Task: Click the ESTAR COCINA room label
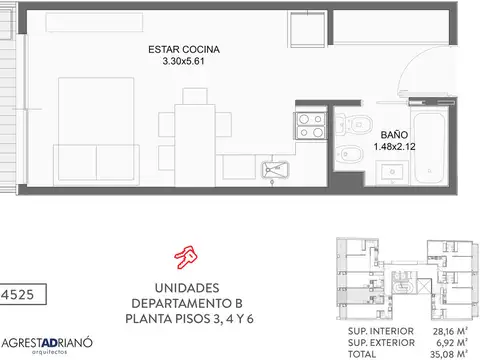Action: [x=183, y=49]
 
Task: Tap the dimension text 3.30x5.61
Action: [x=183, y=61]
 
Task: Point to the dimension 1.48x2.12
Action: [x=396, y=146]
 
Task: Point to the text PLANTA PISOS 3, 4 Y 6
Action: [x=186, y=320]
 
